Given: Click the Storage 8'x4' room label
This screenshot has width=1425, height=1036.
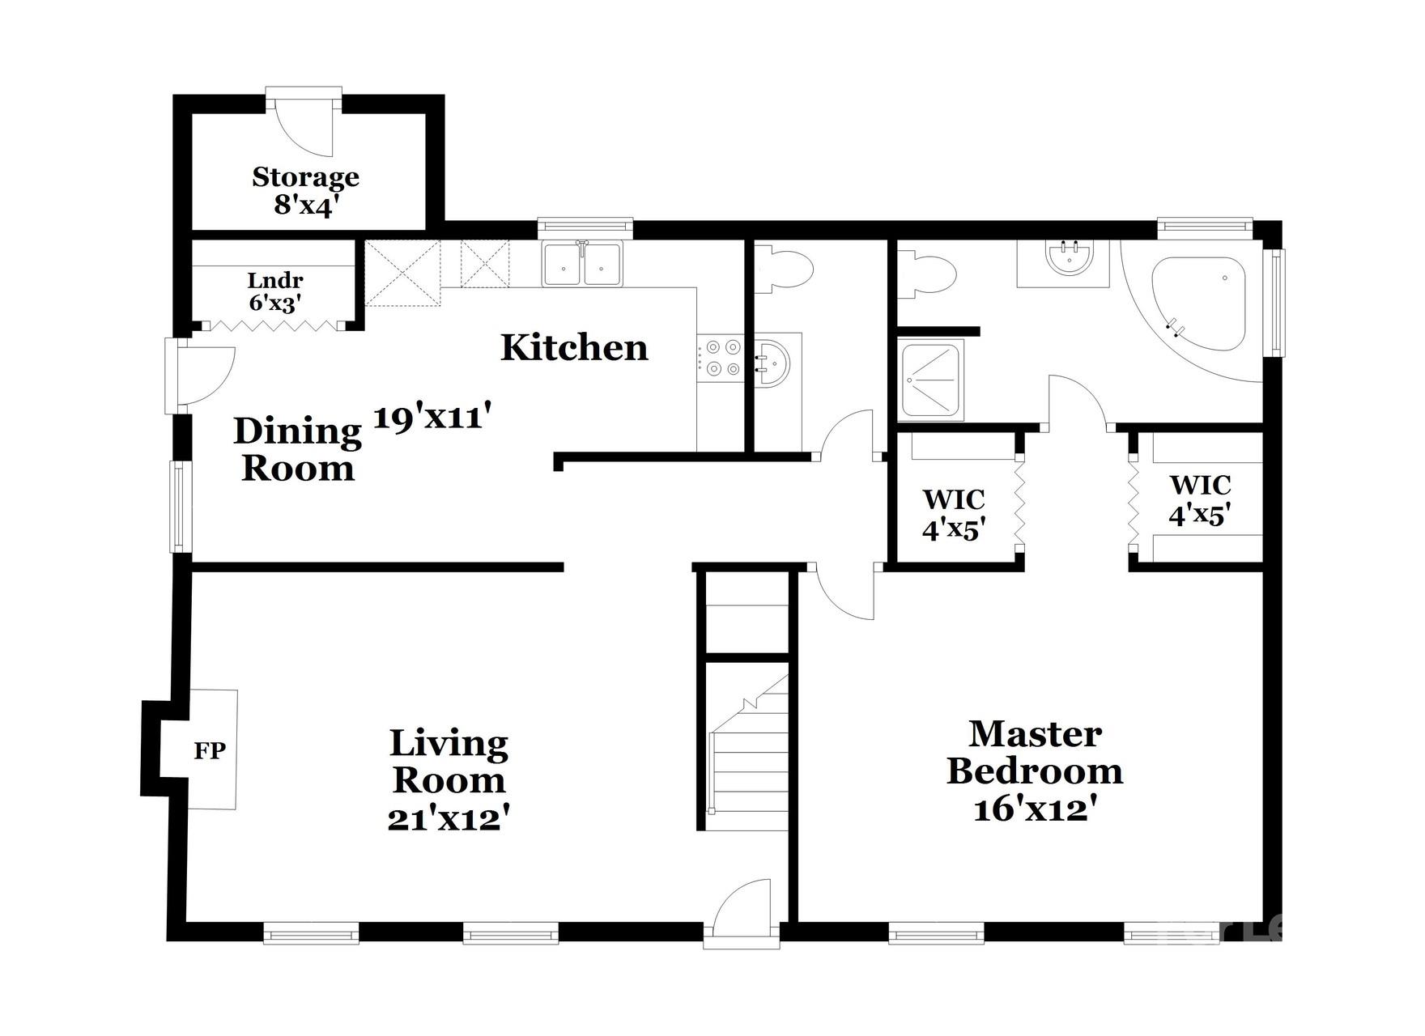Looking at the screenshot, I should (305, 191).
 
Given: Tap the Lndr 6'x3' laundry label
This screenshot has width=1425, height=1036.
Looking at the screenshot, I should (275, 291).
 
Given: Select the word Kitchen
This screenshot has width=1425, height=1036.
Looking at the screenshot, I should (574, 347).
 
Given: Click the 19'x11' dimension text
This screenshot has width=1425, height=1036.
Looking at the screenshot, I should (432, 418).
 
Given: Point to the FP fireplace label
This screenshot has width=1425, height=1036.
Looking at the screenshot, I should (210, 750).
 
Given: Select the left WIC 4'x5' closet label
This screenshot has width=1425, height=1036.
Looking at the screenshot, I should (954, 514).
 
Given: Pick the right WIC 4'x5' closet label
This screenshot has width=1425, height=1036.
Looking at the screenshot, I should (1200, 499).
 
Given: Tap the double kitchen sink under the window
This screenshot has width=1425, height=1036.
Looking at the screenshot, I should (582, 264).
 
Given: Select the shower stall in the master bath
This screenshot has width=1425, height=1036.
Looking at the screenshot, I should (932, 380).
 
